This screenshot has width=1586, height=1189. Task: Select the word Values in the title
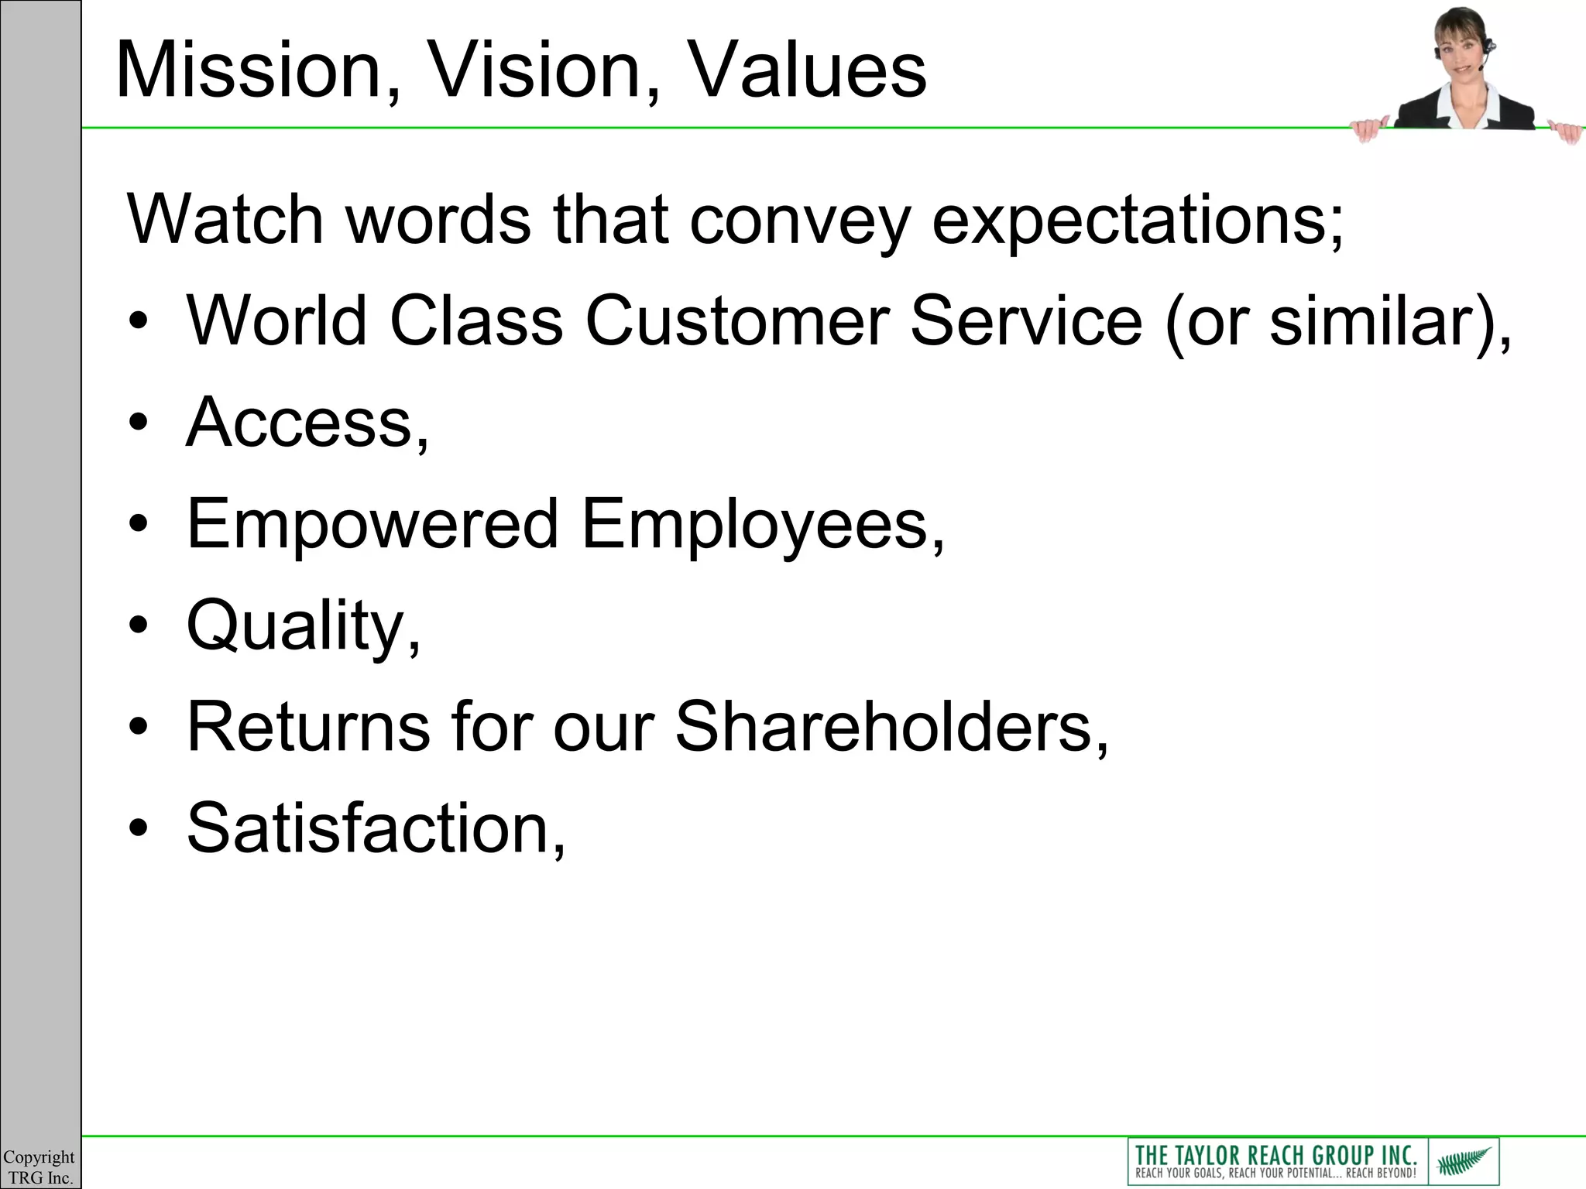pyautogui.click(x=806, y=71)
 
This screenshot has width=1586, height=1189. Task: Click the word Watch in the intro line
pyautogui.click(x=225, y=220)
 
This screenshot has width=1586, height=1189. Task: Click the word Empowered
pyautogui.click(x=372, y=525)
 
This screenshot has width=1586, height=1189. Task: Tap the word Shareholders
pyautogui.click(x=891, y=728)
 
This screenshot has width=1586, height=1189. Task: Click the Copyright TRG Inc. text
pyautogui.click(x=39, y=1167)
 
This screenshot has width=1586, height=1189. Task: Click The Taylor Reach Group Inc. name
pyautogui.click(x=1275, y=1154)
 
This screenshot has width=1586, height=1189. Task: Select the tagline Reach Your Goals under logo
pyautogui.click(x=1275, y=1174)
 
